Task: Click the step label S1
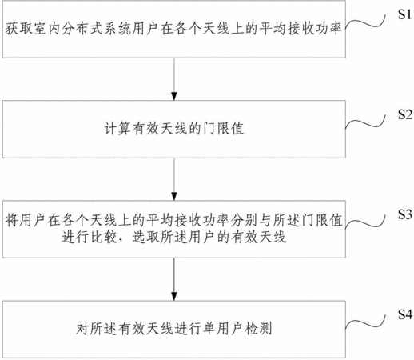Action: click(x=405, y=14)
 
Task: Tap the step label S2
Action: click(x=405, y=114)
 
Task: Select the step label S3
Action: click(x=405, y=214)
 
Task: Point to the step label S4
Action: click(x=405, y=314)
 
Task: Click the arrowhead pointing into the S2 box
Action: click(x=174, y=96)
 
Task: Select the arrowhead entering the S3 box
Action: click(x=174, y=196)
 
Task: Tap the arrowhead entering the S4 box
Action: click(x=174, y=296)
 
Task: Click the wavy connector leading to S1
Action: click(x=365, y=23)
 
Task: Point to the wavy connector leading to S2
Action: click(x=365, y=123)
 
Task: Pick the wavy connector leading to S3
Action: click(x=365, y=223)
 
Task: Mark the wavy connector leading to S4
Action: click(x=365, y=323)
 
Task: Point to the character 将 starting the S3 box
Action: click(x=12, y=221)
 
